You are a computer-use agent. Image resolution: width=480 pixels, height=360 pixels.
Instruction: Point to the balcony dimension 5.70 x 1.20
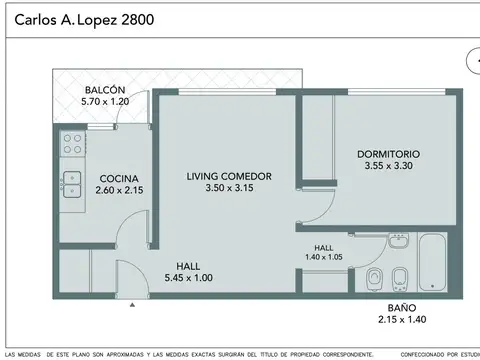coord(106,102)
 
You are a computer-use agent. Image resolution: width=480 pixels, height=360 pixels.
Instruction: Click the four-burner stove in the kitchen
coord(71,143)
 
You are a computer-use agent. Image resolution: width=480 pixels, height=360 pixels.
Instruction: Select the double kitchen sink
coord(71,181)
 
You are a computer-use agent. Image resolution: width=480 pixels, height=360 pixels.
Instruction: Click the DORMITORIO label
coord(389,154)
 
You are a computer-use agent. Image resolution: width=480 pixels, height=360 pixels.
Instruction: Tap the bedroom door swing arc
coord(318,205)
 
